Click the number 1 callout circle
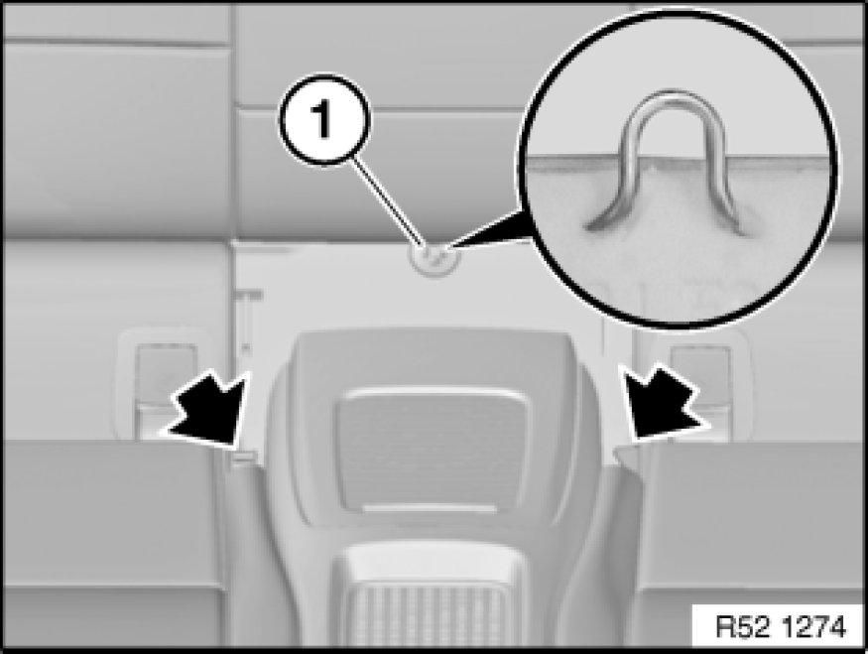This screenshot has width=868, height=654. click(x=324, y=120)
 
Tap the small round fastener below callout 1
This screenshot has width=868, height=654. click(x=434, y=259)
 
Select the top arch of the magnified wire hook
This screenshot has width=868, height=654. click(x=675, y=105)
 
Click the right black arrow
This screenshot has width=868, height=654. click(x=663, y=403)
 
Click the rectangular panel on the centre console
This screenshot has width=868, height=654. click(x=432, y=449)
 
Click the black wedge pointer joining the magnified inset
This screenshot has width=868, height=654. click(x=487, y=228)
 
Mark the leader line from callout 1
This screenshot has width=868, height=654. click(x=391, y=202)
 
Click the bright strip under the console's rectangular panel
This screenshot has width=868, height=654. click(x=430, y=508)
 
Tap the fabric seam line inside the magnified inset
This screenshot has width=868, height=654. click(x=676, y=161)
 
